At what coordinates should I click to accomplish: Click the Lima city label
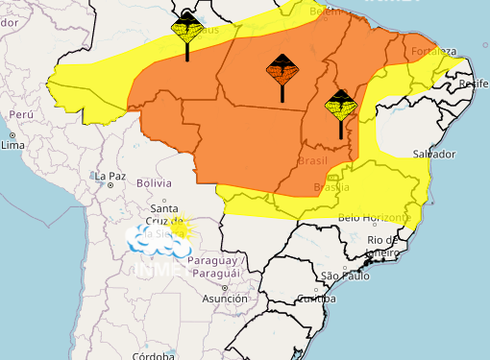point(13,145)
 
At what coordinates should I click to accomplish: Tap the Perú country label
point(21,114)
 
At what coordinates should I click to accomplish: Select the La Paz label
point(110,176)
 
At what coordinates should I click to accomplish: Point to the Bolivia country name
point(154,182)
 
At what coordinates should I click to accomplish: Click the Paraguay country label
point(213,261)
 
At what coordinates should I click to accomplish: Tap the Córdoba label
point(154,355)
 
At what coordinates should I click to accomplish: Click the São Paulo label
point(345,276)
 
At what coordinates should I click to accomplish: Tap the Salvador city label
point(433,154)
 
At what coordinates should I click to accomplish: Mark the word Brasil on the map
point(313,161)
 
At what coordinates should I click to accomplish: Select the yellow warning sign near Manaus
point(186,30)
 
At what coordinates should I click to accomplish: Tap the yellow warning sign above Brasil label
point(340,104)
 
